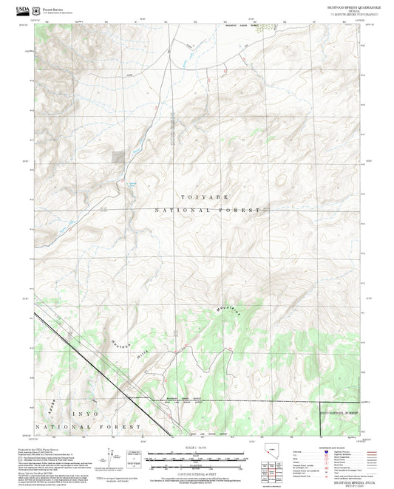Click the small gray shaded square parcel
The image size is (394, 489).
tap(118, 156)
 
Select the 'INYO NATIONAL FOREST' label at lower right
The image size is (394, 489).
tap(343, 412)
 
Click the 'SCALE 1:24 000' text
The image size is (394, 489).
tap(197, 448)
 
